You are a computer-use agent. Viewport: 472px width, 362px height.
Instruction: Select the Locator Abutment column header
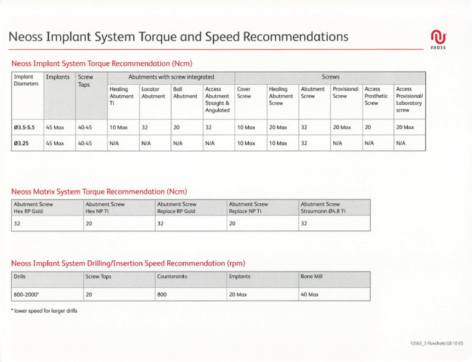point(153,93)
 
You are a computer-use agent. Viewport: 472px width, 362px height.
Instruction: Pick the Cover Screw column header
point(244,93)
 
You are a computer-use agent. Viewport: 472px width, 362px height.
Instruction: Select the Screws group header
point(330,78)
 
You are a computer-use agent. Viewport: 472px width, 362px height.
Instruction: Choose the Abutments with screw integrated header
point(171,78)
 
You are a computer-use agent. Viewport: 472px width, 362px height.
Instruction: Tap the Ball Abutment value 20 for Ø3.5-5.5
point(177,127)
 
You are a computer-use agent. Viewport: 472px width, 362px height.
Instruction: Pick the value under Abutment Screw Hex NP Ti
point(89,224)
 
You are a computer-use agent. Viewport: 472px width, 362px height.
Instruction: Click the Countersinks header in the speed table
point(172,277)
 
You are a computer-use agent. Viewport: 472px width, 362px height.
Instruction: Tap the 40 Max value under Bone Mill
point(309,294)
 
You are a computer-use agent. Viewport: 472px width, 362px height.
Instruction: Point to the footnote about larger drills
point(44,310)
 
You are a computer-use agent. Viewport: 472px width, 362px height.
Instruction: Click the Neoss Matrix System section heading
point(99,191)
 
